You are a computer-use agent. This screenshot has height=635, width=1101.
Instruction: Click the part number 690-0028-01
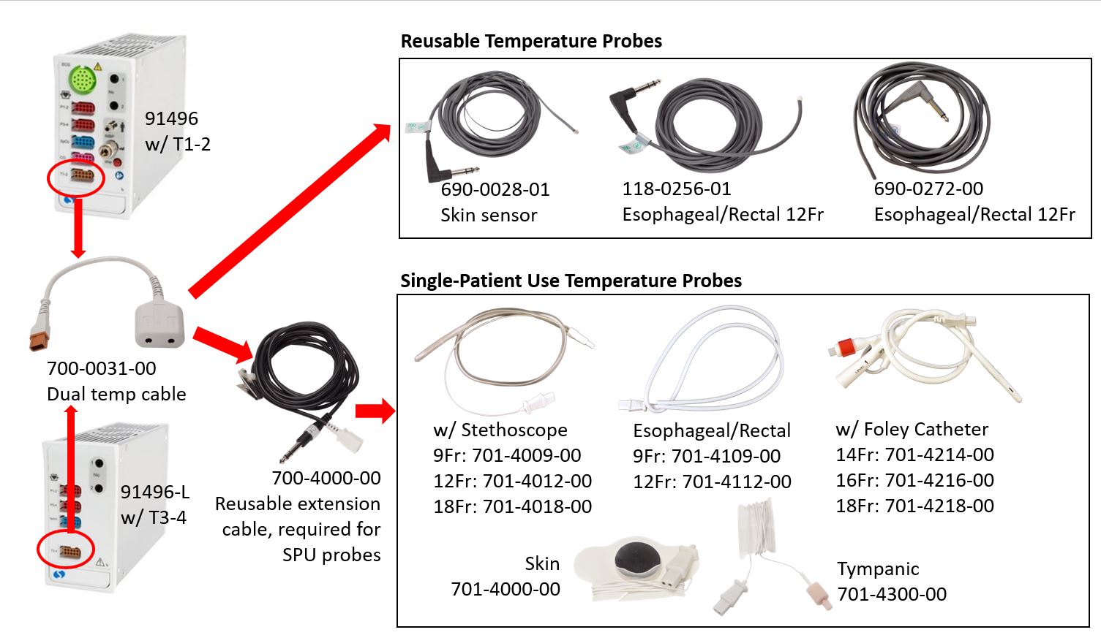coord(495,189)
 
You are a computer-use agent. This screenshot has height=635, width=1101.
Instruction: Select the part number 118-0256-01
coord(677,189)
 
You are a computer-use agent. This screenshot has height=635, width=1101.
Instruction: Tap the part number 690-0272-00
coord(928,189)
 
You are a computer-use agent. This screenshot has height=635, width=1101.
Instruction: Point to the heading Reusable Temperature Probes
coord(531,41)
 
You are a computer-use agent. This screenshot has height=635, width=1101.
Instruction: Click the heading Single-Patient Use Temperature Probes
coord(571,281)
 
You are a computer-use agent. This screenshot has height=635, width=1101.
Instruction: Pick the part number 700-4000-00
coord(326,478)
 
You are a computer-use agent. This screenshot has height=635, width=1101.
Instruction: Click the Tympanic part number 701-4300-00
coord(892,594)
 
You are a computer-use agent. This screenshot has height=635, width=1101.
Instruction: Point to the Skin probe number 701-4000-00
coord(506,589)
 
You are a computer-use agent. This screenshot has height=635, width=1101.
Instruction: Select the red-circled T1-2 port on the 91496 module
coord(82,175)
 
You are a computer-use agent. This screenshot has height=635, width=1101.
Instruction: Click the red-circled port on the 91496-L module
coord(69,552)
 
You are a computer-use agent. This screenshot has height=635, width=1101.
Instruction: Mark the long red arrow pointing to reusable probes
coord(290,210)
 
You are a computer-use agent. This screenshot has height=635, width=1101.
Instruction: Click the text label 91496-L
coord(155,492)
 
